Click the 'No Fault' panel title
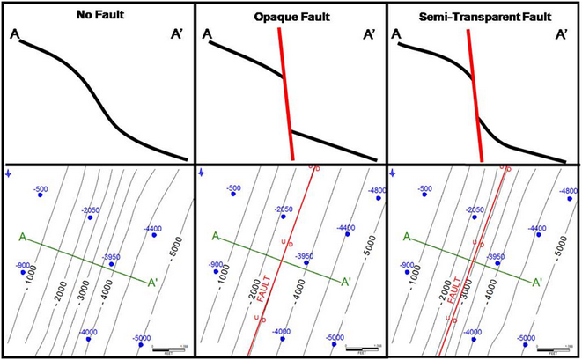click(x=97, y=15)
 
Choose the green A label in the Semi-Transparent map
click(x=406, y=236)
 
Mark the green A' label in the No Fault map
click(x=153, y=283)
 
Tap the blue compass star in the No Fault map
click(x=9, y=172)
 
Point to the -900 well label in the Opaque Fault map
click(x=216, y=265)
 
